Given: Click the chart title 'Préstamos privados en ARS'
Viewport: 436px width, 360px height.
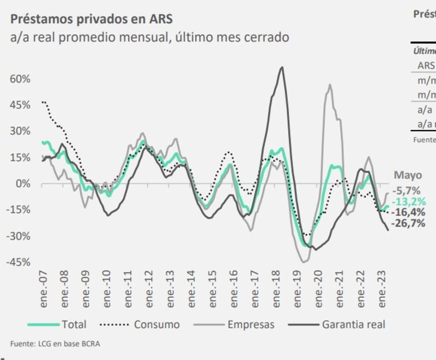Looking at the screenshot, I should point(92,19).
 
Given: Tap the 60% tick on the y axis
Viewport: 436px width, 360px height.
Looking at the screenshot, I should point(20,78).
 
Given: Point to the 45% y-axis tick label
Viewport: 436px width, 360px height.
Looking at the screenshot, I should point(20,105).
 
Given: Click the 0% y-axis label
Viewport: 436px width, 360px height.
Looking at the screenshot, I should point(23,184).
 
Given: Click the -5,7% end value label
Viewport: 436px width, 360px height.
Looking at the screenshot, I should point(409,191).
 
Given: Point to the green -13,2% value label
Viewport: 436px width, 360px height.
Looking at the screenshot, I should point(410,202).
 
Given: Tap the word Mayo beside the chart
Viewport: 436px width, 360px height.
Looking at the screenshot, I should point(408,175).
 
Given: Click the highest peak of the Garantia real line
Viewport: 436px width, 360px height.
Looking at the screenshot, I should point(281,68).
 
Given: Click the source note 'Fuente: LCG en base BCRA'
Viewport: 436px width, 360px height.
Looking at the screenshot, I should point(55,343).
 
